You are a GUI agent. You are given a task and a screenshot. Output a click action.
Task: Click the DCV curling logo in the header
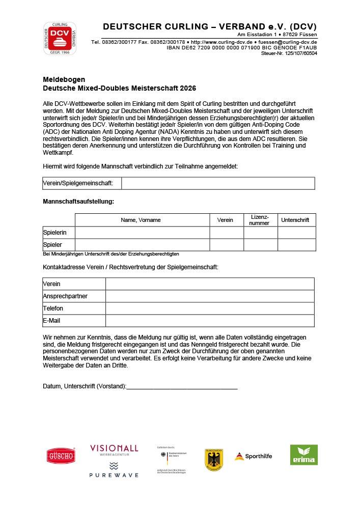(59, 38)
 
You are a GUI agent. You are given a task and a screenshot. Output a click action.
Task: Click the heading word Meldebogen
(64, 79)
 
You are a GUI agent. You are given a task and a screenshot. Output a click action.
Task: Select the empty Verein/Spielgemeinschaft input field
(218, 183)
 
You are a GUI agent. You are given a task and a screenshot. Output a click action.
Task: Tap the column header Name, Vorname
(141, 220)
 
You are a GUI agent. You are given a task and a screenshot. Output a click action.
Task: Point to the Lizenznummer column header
(260, 220)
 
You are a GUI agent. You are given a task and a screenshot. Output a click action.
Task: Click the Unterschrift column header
(296, 220)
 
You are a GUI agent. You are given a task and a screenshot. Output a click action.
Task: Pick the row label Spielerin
(54, 233)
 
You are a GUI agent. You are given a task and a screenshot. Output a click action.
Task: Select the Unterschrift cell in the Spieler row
(296, 245)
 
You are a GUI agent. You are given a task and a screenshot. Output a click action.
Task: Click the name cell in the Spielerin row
(142, 233)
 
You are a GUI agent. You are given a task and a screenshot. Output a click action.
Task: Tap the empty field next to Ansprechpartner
(210, 296)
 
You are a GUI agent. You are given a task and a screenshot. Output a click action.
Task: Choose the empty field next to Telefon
(210, 308)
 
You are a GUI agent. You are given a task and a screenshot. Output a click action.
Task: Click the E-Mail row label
(52, 321)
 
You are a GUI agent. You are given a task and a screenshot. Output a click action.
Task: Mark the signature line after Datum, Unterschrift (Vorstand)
(182, 387)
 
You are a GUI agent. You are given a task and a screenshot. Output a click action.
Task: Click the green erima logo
(303, 455)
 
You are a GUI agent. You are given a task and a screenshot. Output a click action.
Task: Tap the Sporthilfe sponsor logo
(253, 456)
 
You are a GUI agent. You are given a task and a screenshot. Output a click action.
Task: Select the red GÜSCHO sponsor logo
(61, 456)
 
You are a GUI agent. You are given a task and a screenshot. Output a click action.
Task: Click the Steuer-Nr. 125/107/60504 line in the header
(289, 53)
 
